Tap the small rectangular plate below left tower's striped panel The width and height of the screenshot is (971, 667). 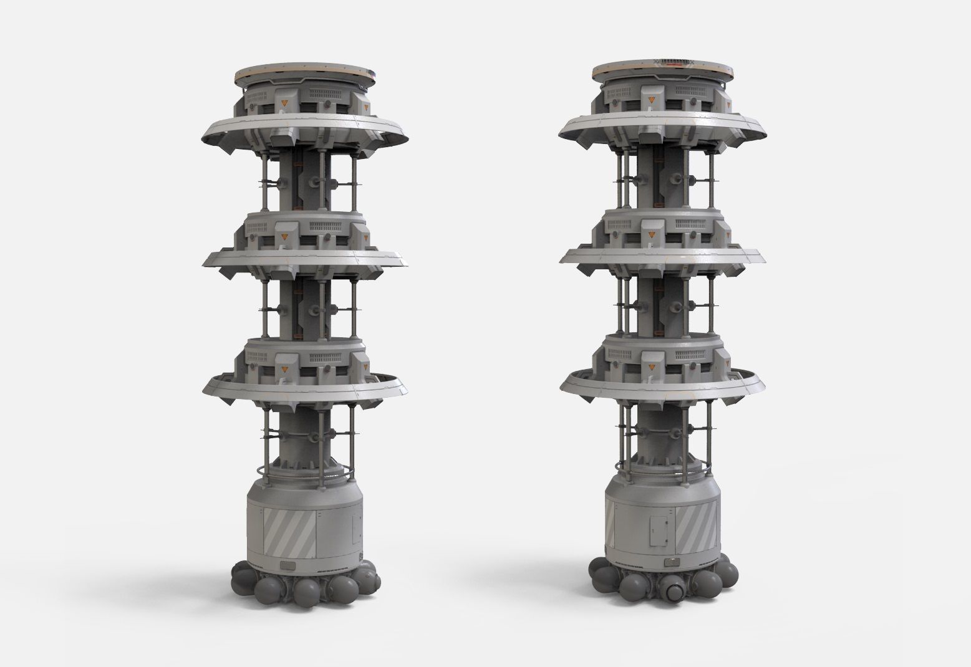click(x=288, y=565)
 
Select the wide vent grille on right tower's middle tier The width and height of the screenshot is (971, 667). click(x=692, y=225)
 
